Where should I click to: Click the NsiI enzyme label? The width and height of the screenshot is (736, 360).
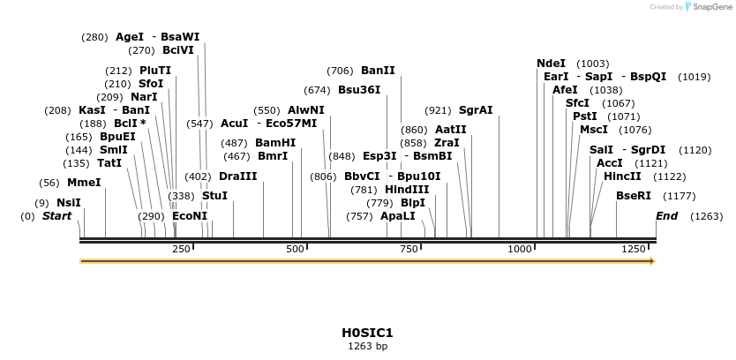coord(69,203)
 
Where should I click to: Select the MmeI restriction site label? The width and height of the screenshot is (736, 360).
coord(84,183)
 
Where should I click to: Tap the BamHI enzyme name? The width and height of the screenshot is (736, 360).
coord(275,142)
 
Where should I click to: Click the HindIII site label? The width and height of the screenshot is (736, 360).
coord(407,190)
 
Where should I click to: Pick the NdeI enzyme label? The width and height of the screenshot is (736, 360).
coord(551,64)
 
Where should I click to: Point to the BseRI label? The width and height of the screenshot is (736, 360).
coord(633,196)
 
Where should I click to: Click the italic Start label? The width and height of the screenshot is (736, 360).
coord(56,216)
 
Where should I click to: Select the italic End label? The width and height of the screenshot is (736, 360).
coord(667,216)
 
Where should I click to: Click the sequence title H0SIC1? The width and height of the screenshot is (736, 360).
coord(367,333)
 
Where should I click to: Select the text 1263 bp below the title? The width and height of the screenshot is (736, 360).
coord(367,347)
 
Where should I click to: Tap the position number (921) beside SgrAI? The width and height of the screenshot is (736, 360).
coord(438,110)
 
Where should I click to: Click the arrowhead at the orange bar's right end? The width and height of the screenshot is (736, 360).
coord(652,261)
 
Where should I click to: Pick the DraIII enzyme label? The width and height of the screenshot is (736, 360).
coord(237,176)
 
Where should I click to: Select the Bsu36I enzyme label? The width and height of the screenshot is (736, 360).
coord(359,90)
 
